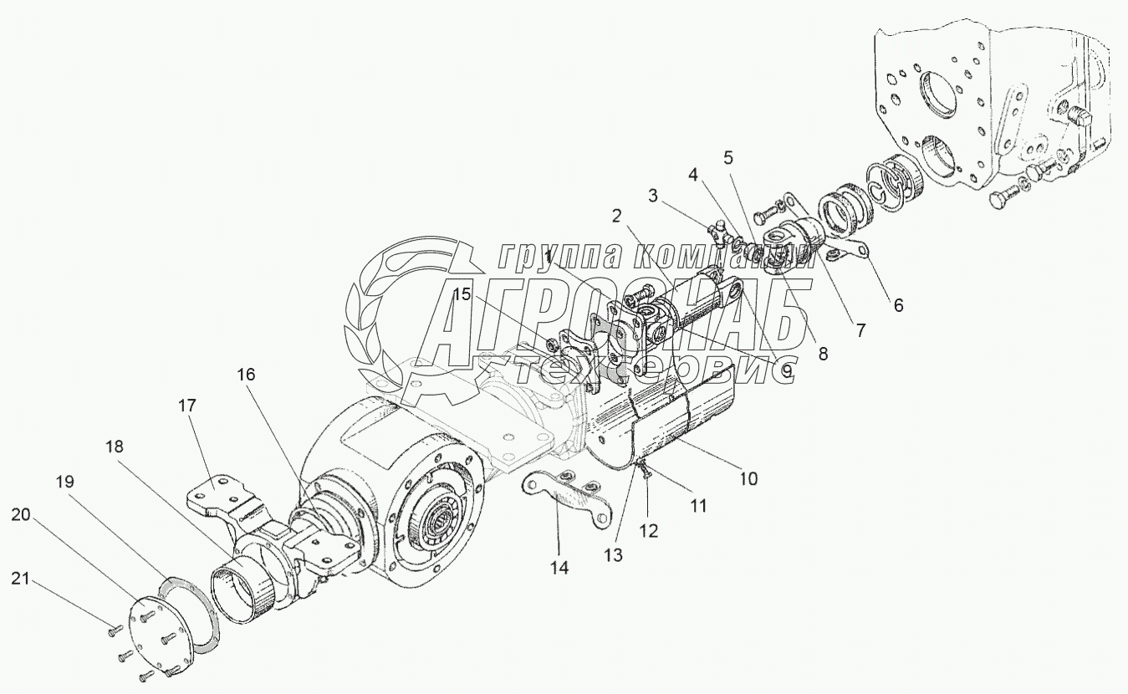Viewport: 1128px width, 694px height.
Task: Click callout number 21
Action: [23, 577]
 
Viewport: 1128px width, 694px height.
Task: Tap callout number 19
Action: [65, 482]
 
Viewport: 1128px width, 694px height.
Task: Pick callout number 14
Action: [559, 568]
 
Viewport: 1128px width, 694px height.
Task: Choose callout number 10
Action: [748, 479]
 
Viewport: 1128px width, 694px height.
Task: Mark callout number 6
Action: [898, 305]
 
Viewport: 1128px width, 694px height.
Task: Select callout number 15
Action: [462, 294]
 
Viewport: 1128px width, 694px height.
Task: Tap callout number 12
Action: [649, 530]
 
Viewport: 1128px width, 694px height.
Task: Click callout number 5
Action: [728, 156]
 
